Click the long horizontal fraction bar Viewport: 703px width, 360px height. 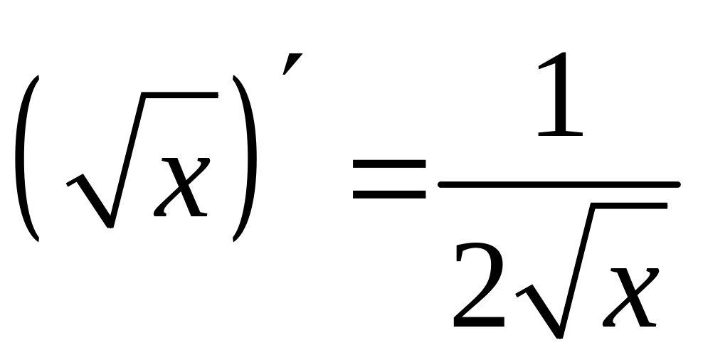tap(559, 186)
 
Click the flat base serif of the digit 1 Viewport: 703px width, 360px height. tap(559, 133)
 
